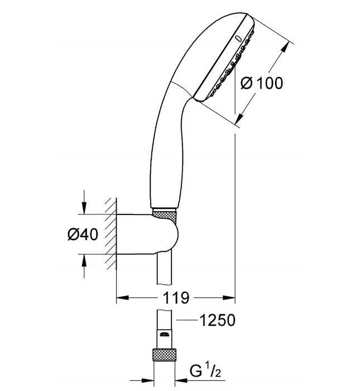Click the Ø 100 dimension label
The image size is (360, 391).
coord(261,84)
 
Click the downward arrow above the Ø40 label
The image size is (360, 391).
coord(84,207)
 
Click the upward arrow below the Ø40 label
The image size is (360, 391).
coord(84,261)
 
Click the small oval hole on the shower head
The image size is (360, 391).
coord(238,39)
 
